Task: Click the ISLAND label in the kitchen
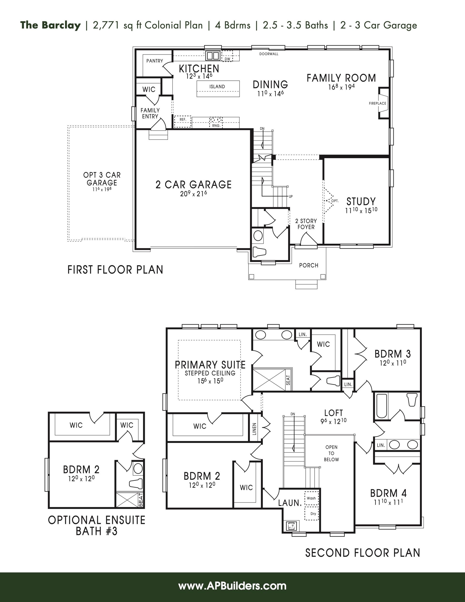217,86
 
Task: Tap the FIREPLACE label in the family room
377,103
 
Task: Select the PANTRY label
155,61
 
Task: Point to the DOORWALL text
269,54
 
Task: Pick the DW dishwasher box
227,56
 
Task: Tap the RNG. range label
216,126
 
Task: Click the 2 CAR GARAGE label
194,184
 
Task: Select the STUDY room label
361,202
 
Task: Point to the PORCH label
309,266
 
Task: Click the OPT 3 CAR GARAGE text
102,179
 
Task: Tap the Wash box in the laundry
311,498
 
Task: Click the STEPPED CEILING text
210,373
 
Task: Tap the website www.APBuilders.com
232,586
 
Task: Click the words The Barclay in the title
50,25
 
